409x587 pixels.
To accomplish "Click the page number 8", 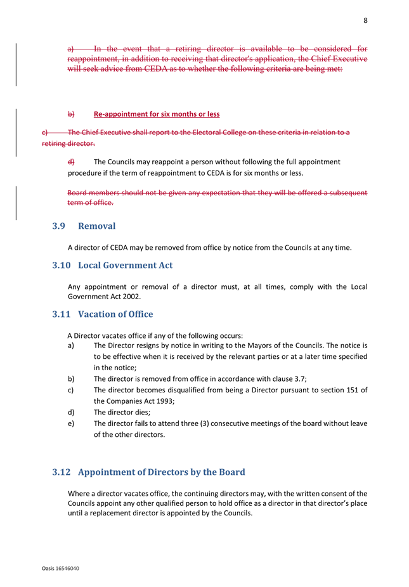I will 365,20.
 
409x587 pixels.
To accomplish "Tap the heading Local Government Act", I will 125,265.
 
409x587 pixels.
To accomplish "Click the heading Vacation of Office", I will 115,314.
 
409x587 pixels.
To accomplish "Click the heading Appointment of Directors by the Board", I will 161,472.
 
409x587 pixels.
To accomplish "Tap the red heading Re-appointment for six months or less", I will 156,114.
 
